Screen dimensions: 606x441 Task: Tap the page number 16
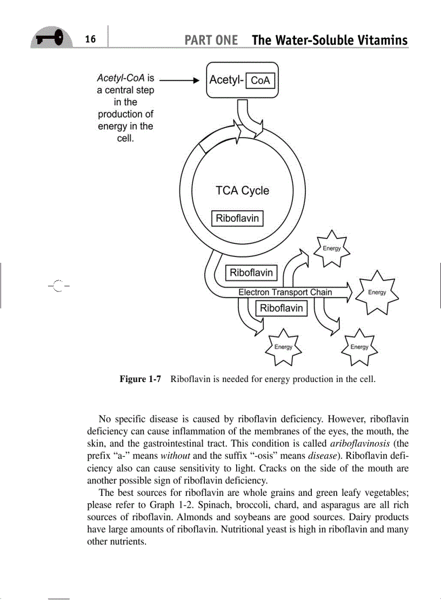coord(90,39)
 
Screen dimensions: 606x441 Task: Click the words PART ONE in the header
coord(211,40)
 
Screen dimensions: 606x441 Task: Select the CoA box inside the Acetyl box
coord(260,80)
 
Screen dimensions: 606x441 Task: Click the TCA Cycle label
coord(242,190)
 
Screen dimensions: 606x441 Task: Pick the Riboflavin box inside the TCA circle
coord(237,219)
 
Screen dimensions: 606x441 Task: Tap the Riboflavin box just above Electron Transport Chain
coord(251,273)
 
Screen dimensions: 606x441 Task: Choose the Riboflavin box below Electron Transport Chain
coord(282,308)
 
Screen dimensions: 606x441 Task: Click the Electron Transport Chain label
coord(285,292)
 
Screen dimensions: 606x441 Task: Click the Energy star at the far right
coord(377,292)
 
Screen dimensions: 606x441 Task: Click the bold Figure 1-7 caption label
coord(141,379)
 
